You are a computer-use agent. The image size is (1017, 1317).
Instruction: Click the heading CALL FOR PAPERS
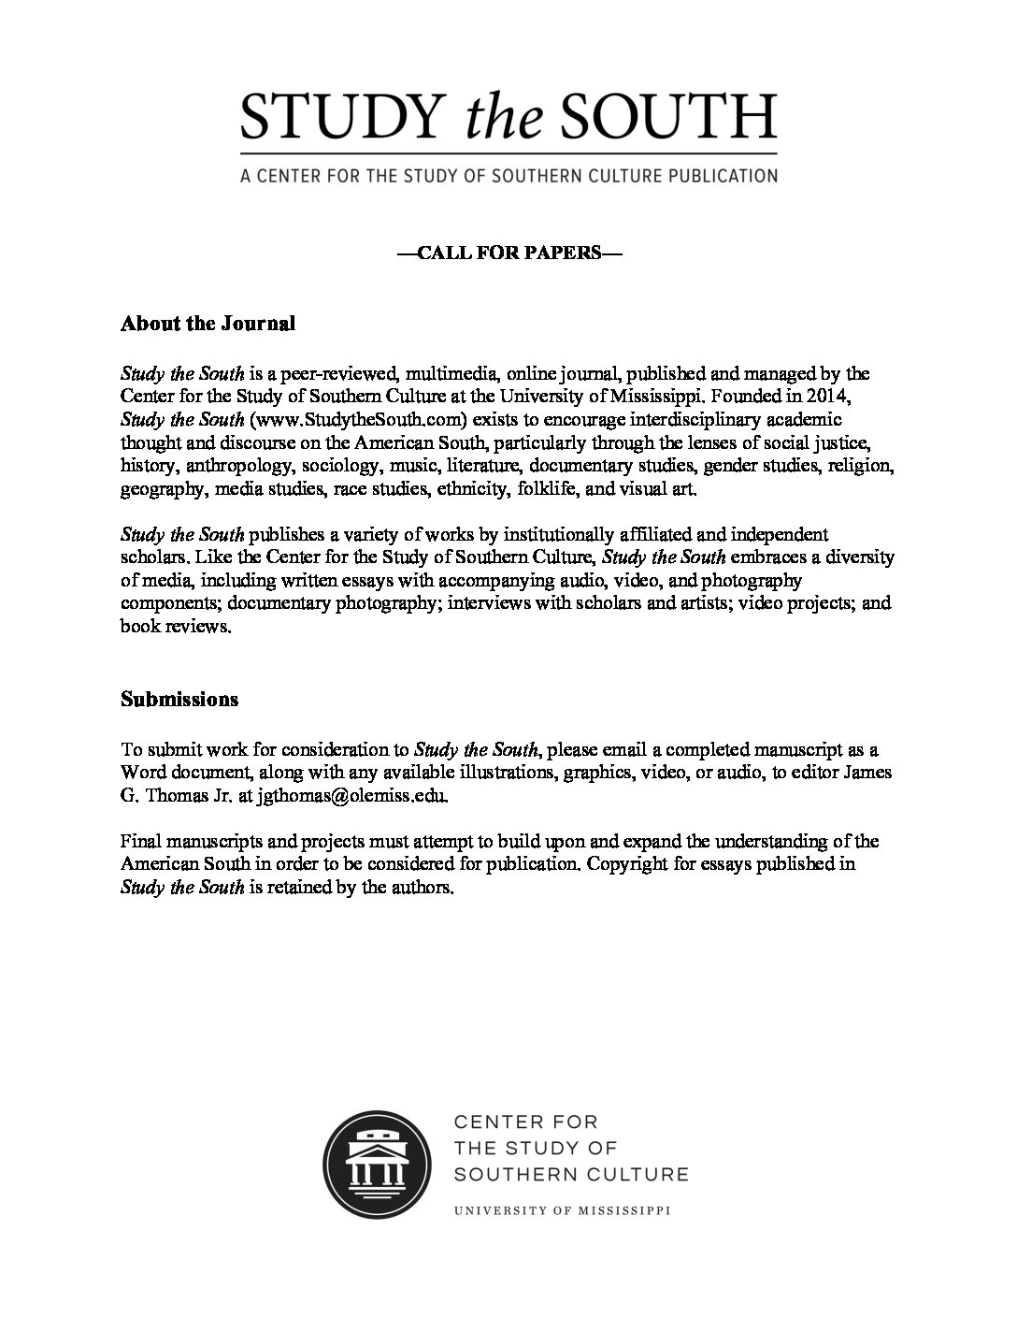(x=508, y=253)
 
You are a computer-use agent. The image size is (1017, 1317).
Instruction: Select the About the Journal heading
(x=208, y=324)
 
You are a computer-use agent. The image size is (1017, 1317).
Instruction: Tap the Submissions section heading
(x=179, y=699)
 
